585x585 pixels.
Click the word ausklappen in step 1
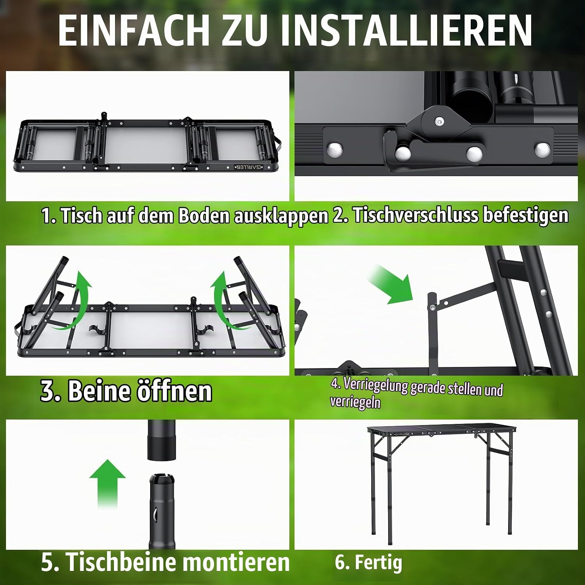click(281, 216)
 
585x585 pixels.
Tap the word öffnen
click(174, 390)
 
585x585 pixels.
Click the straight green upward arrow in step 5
click(108, 484)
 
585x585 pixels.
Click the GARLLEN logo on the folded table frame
click(249, 167)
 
